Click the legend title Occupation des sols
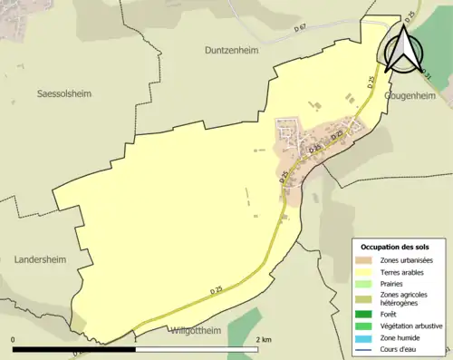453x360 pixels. point(397,247)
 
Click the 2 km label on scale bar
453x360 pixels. point(264,339)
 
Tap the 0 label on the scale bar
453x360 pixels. point(14,339)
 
